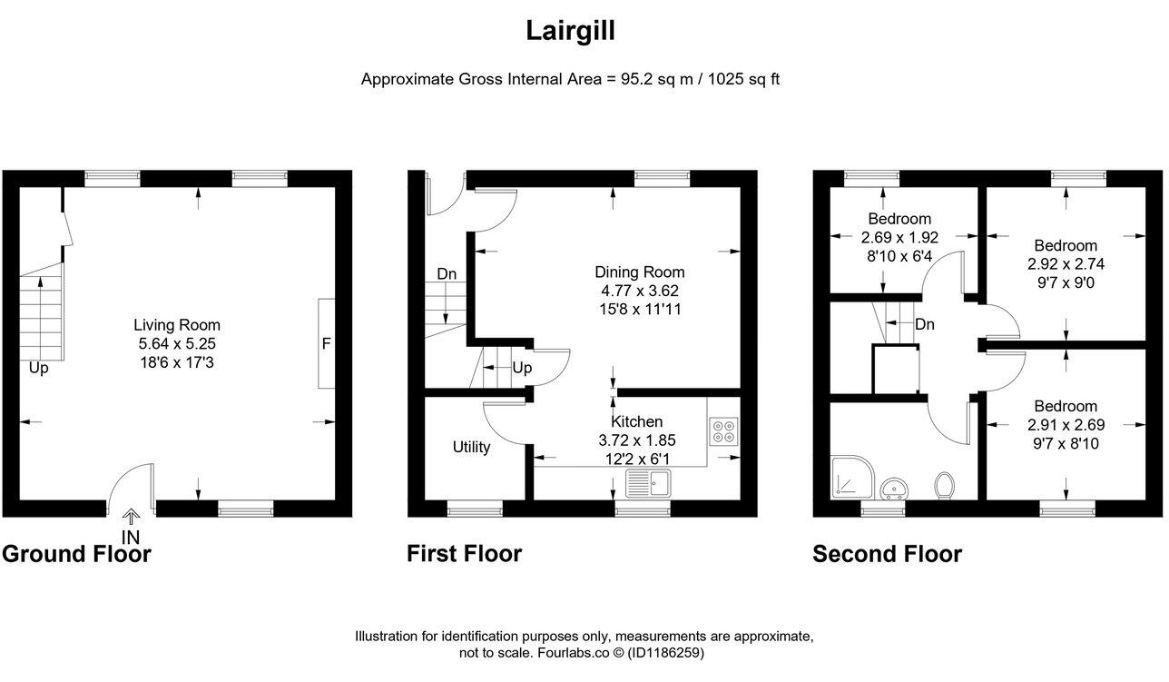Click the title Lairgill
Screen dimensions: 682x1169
[571, 32]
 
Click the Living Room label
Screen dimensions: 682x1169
[177, 325]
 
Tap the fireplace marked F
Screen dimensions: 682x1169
[326, 343]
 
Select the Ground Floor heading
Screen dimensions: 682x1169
[76, 554]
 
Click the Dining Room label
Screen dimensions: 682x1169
[639, 272]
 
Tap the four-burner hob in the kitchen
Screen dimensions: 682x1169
[724, 430]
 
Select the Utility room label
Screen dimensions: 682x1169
[472, 447]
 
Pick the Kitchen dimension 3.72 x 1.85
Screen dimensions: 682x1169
[636, 440]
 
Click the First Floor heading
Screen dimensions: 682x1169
[464, 554]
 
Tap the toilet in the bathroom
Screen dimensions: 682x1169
[943, 485]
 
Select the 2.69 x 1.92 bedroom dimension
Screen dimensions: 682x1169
[899, 237]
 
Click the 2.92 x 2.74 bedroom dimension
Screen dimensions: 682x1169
[1066, 264]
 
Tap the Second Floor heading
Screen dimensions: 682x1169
[887, 554]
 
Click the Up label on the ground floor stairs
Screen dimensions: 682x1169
[39, 369]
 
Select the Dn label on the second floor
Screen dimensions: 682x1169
[925, 324]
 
